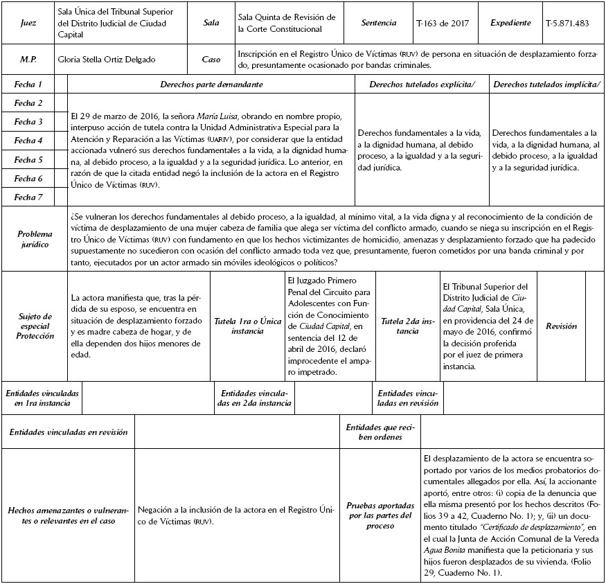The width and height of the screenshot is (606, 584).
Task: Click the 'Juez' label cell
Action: tap(29, 23)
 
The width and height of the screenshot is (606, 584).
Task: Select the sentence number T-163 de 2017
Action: tap(442, 23)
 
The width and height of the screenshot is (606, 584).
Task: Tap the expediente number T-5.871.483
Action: tap(567, 23)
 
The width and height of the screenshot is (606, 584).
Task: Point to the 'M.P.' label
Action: tap(29, 59)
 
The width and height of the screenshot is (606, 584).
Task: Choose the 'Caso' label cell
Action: tap(211, 59)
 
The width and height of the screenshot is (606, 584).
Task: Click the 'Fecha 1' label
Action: tap(29, 84)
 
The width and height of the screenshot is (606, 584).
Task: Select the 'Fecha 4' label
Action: tap(29, 141)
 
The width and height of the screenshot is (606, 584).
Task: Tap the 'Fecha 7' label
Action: tap(29, 197)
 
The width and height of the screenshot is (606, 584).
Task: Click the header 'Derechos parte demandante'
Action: tap(211, 84)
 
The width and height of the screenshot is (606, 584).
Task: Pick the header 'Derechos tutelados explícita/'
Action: tap(422, 84)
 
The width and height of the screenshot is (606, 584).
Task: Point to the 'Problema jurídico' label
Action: tap(35, 239)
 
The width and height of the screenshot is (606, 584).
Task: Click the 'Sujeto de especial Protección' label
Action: tap(35, 326)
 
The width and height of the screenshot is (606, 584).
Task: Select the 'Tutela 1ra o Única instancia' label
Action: tap(247, 326)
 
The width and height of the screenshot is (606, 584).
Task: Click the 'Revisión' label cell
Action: tap(561, 326)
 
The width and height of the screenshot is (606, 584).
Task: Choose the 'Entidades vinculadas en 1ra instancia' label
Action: tap(42, 398)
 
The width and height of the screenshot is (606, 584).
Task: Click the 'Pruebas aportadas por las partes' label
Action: tap(380, 515)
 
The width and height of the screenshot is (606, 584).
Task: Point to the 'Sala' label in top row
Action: tap(211, 23)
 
